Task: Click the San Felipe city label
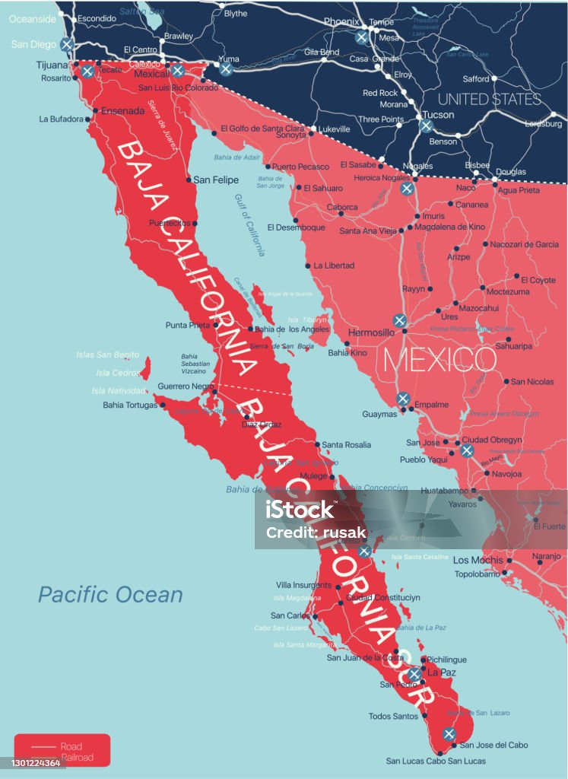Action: [x=216, y=180]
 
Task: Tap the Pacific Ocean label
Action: [x=110, y=594]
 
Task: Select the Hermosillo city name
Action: [x=371, y=333]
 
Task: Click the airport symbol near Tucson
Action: [x=426, y=126]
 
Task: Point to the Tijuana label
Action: [x=52, y=65]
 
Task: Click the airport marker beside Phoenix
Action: [x=362, y=37]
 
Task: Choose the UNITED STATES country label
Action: [x=489, y=99]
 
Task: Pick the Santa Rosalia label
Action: [x=347, y=444]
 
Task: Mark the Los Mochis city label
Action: [x=478, y=560]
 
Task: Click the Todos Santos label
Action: [x=393, y=716]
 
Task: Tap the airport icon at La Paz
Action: [x=414, y=675]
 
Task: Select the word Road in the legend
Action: [x=71, y=746]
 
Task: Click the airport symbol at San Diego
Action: [x=68, y=44]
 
